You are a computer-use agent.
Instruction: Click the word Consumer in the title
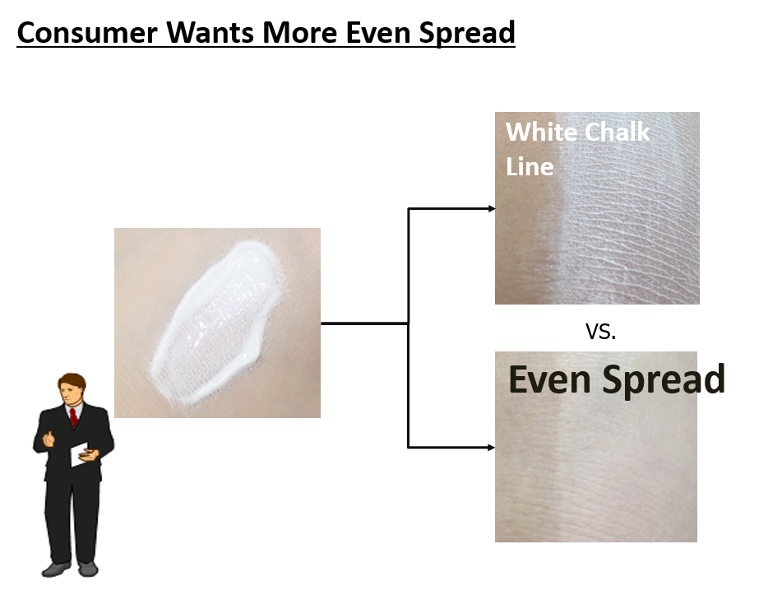pos(87,33)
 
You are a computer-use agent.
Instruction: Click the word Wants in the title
pos(210,33)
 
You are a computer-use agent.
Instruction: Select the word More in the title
pos(300,33)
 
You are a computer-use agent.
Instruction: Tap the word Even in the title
pos(378,33)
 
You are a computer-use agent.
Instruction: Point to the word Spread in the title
pos(467,34)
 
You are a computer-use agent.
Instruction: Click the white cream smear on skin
pos(218,322)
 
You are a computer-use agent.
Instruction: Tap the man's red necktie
pos(74,417)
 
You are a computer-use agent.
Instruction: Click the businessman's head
pos(72,389)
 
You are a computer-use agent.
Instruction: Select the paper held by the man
pos(79,454)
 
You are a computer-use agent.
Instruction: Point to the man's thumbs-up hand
pos(49,439)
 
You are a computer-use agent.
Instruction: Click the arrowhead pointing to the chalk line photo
pos(492,208)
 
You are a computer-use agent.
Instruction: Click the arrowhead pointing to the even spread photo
pos(492,447)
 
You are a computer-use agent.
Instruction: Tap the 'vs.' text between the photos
pos(600,331)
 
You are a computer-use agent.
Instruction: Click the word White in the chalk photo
pos(541,133)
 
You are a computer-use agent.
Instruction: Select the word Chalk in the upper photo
pos(617,133)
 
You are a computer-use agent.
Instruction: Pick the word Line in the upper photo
pos(530,166)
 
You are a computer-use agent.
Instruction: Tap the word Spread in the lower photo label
pos(664,380)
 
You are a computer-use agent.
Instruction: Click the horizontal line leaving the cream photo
pos(364,323)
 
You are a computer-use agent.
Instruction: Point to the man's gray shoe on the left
pos(56,569)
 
